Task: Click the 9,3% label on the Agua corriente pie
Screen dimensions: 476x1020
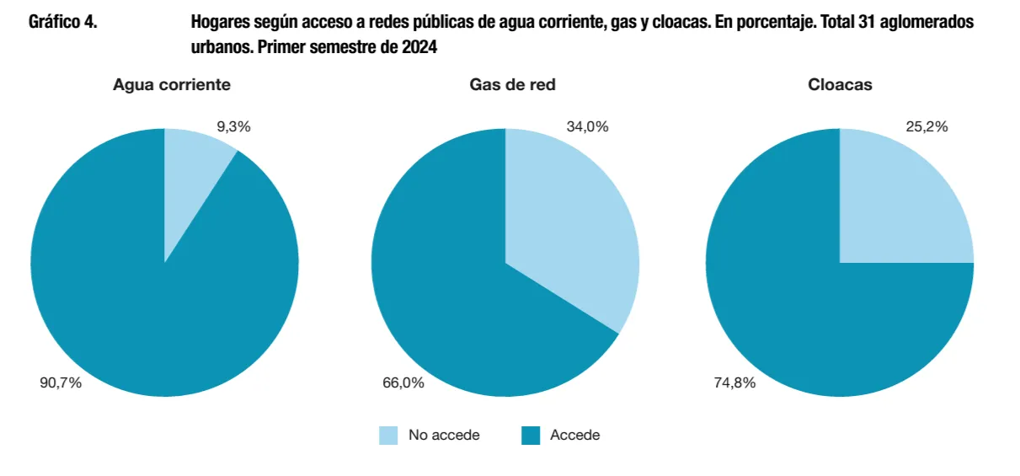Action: point(233,127)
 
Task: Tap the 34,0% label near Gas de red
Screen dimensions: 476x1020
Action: point(587,127)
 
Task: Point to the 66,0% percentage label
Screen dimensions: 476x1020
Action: point(403,382)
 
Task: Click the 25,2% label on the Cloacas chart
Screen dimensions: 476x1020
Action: point(927,127)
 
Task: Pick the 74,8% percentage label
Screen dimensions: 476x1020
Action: point(734,382)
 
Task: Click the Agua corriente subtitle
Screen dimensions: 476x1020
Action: point(172,84)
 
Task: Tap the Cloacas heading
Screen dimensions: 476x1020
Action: point(840,84)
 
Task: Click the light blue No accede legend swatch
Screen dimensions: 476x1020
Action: point(388,436)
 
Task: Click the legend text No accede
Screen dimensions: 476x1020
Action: point(444,436)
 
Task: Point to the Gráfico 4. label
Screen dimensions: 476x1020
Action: point(63,23)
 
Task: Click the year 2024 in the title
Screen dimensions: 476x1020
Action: point(419,47)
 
